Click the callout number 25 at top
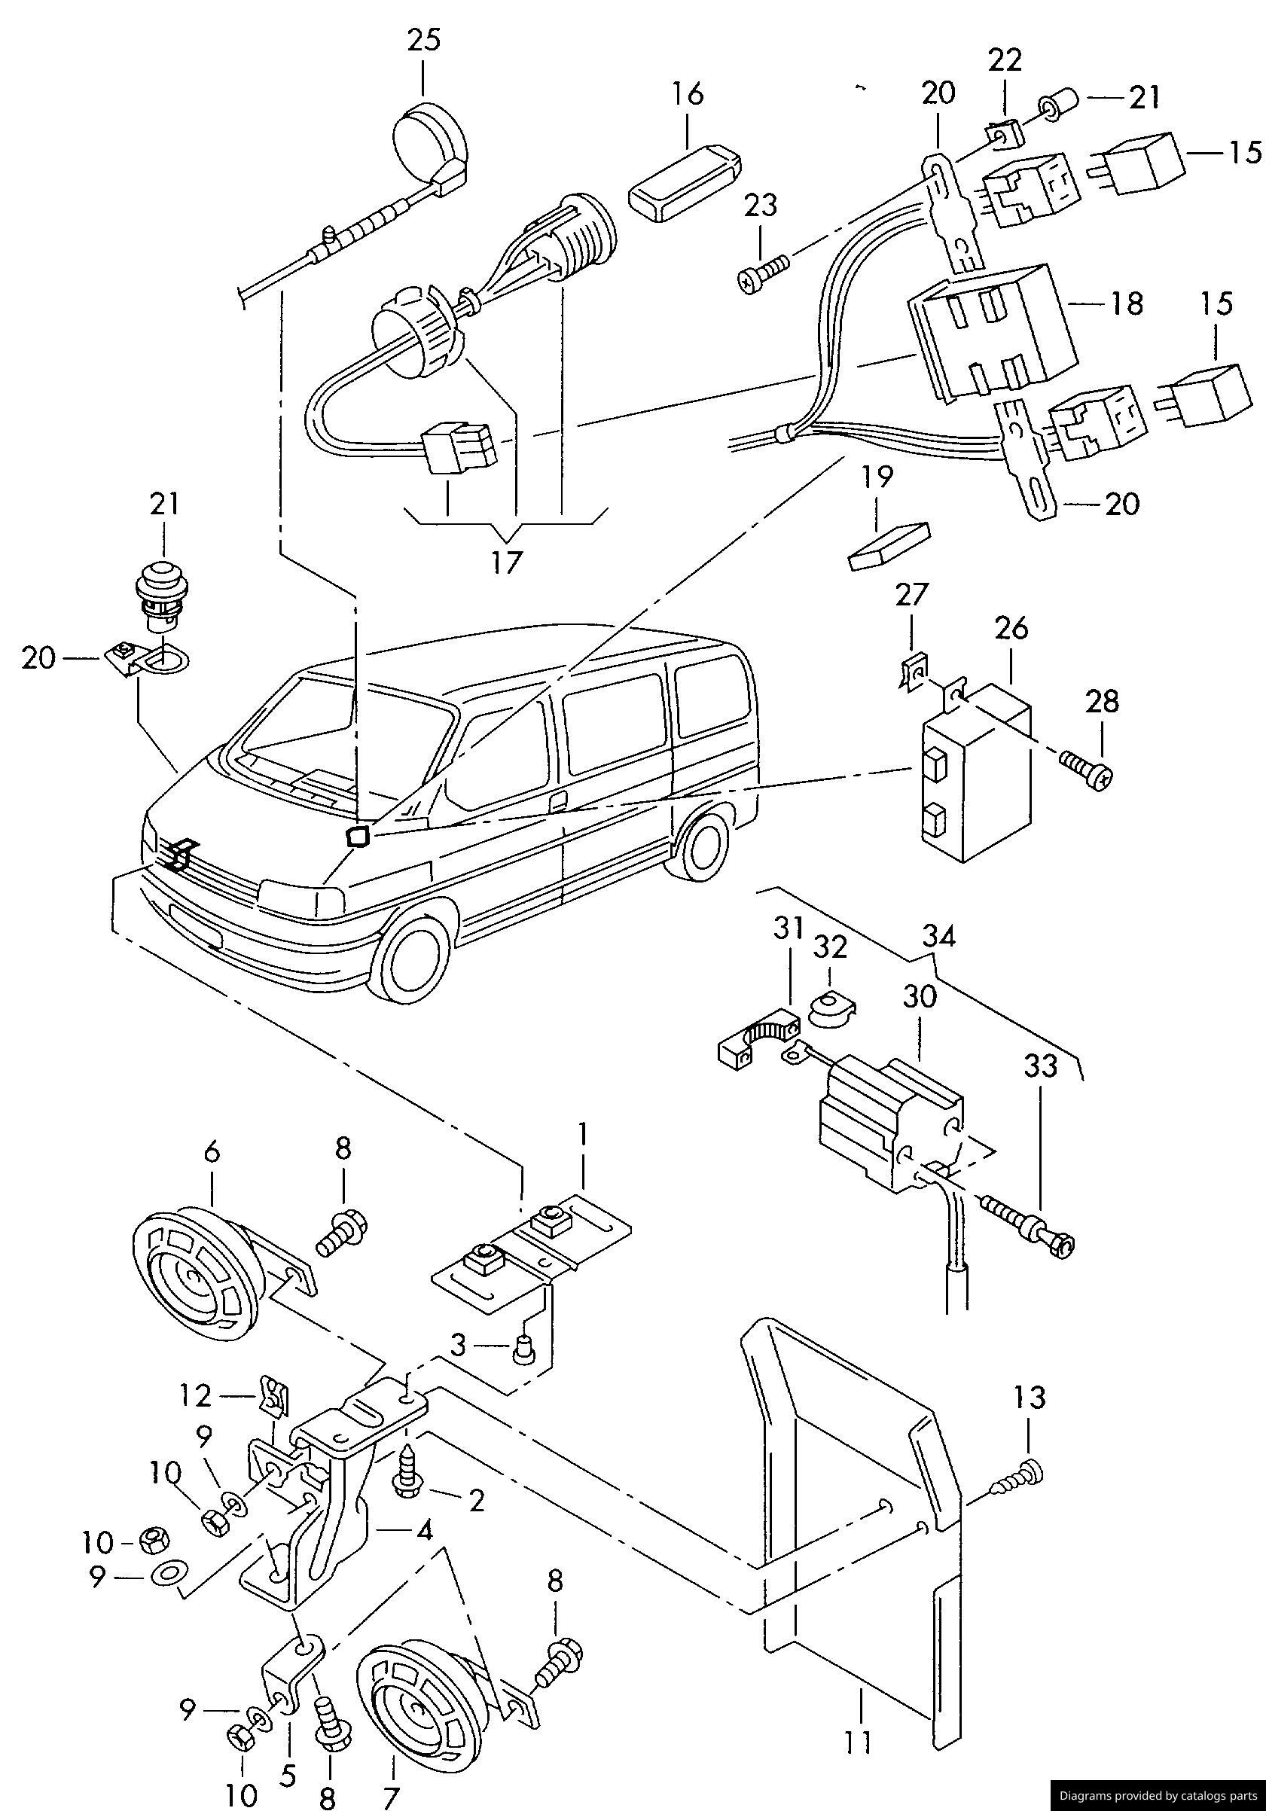tap(423, 40)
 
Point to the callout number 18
tap(1128, 303)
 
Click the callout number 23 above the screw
tap(761, 205)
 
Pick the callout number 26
tap(1012, 629)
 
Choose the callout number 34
tap(938, 936)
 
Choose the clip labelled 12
tap(273, 1398)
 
